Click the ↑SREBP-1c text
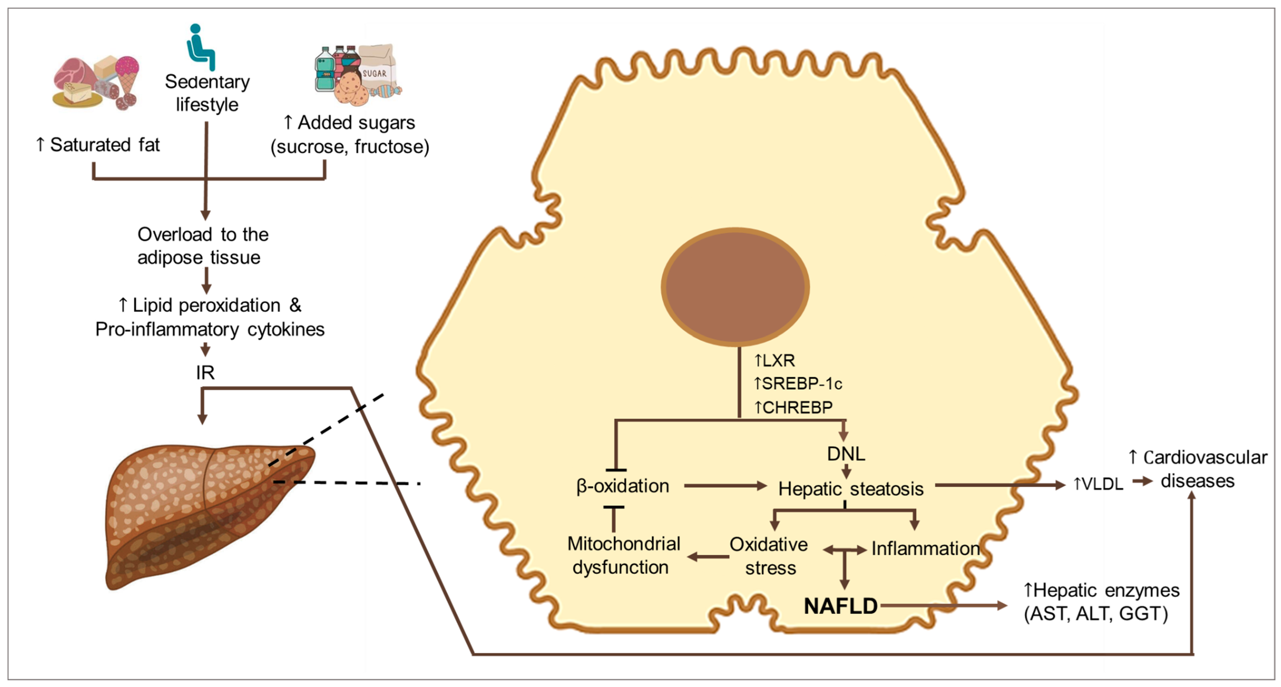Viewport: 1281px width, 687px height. [x=798, y=384]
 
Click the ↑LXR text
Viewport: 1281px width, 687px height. [x=775, y=360]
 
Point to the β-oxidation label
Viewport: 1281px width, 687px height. [x=623, y=486]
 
